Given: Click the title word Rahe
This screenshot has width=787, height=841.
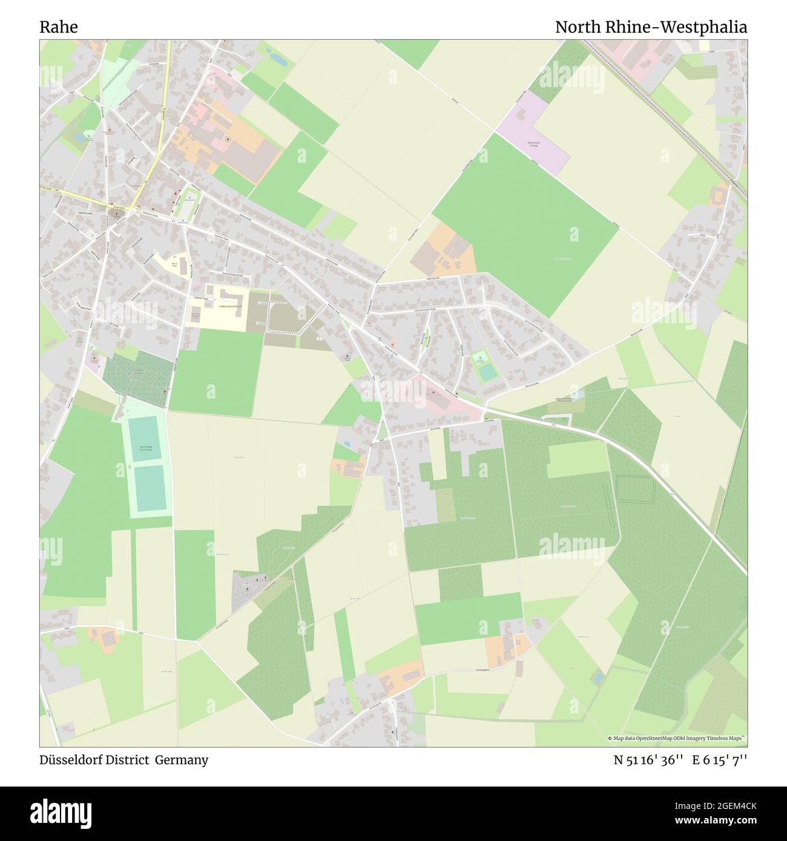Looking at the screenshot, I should tap(58, 27).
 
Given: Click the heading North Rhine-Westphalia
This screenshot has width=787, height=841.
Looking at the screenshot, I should tap(651, 27).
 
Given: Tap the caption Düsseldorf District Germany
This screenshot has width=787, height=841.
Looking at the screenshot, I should tap(124, 760).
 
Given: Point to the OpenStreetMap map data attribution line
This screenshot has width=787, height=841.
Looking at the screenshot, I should tap(677, 739).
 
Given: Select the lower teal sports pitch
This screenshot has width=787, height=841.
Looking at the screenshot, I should tap(150, 488).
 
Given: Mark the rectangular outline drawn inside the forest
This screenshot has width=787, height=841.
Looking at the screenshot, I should tap(636, 489).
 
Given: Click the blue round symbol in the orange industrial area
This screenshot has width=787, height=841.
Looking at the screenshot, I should tap(228, 140).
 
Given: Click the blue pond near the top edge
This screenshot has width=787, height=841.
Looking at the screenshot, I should tap(278, 59).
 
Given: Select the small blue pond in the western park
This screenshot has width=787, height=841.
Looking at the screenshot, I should tap(79, 137).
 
